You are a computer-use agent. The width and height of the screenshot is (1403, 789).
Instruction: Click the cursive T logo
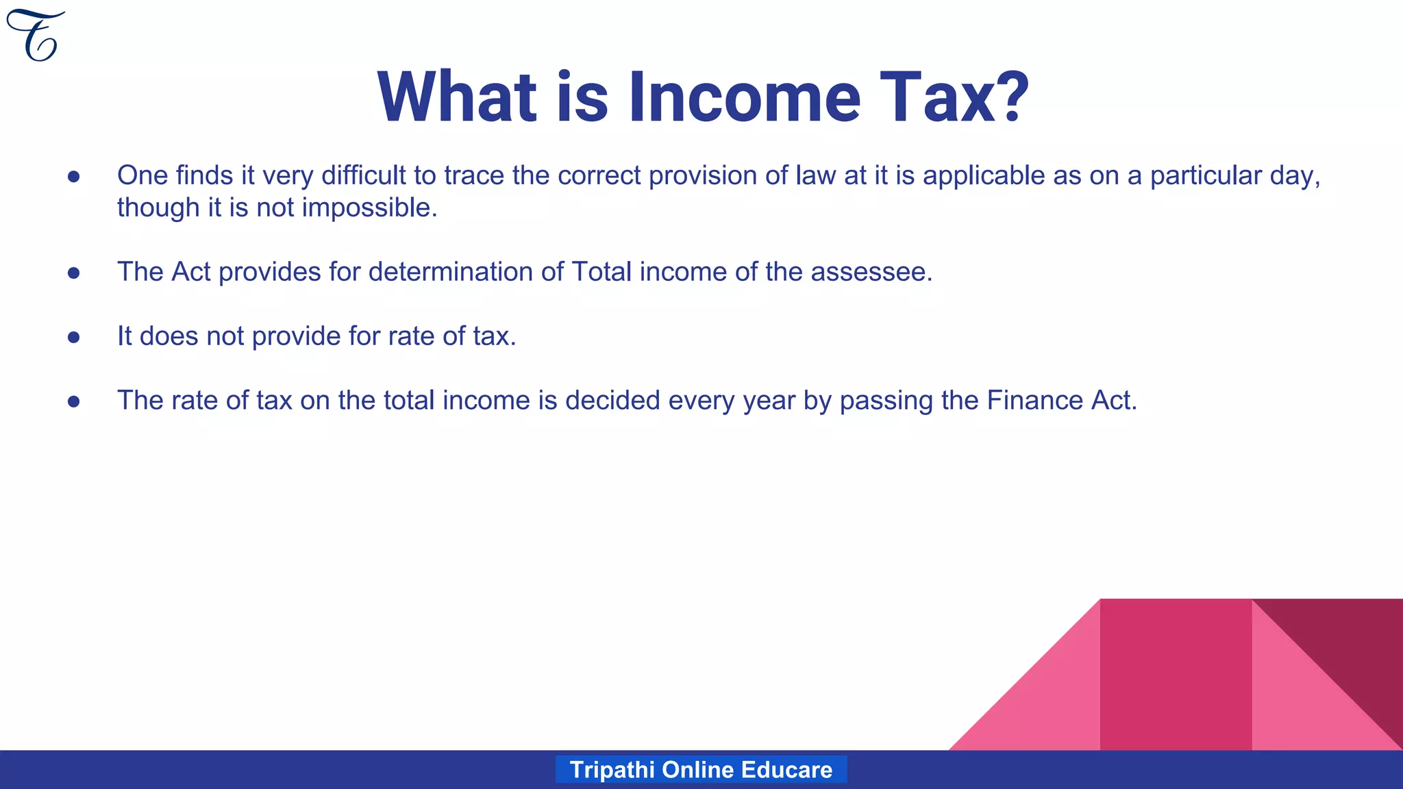tap(36, 36)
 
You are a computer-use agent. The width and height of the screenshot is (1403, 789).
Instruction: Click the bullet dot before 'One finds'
tap(74, 177)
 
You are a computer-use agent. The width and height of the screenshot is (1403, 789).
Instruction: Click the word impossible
tap(369, 208)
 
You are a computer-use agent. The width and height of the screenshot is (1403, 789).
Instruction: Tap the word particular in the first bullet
tap(1206, 176)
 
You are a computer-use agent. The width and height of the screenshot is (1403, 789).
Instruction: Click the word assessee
tap(871, 273)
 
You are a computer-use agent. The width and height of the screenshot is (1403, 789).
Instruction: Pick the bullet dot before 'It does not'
tap(74, 337)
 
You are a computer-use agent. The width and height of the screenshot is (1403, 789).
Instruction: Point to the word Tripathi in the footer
tap(612, 770)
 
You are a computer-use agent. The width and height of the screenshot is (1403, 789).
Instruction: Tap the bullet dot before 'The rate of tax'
tap(74, 401)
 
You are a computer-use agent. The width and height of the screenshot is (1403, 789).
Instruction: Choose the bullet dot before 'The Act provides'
tap(74, 273)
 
